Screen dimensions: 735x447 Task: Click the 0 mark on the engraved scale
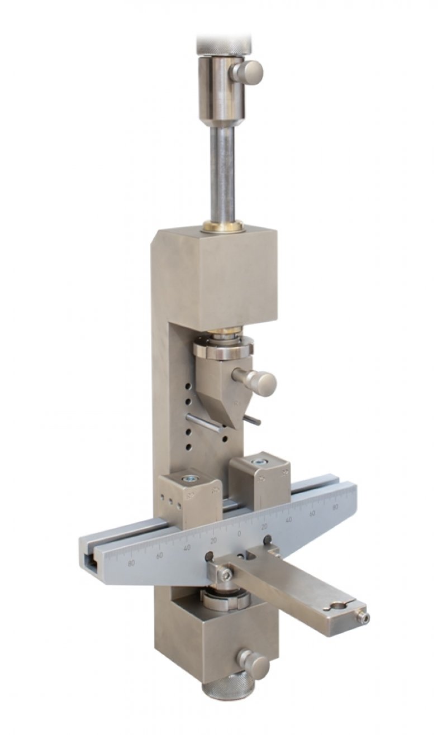pyautogui.click(x=239, y=534)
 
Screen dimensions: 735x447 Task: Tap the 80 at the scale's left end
pyautogui.click(x=132, y=563)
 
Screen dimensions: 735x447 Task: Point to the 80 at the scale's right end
pyautogui.click(x=335, y=507)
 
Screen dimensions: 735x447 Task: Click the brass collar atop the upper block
pyautogui.click(x=223, y=226)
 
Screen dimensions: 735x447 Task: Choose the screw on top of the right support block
pyautogui.click(x=259, y=462)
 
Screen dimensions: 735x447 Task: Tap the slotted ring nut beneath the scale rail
pyautogui.click(x=222, y=600)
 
